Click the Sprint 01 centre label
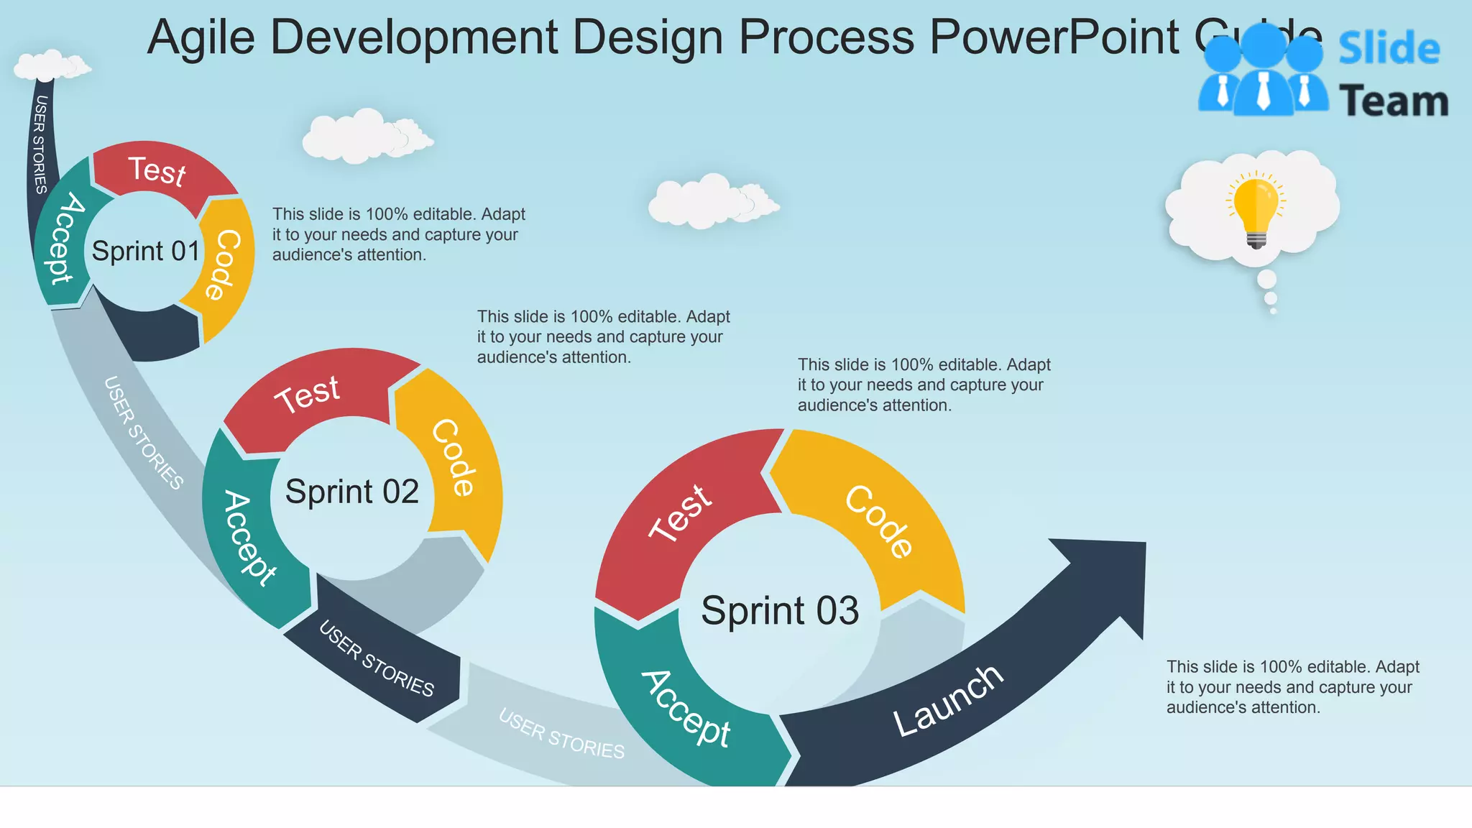pyautogui.click(x=146, y=252)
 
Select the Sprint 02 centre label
pyautogui.click(x=351, y=492)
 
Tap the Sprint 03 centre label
pyautogui.click(x=780, y=611)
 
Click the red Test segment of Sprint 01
pyautogui.click(x=158, y=171)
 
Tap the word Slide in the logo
pyautogui.click(x=1389, y=49)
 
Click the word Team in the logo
pyautogui.click(x=1394, y=101)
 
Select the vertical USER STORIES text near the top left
pyautogui.click(x=40, y=144)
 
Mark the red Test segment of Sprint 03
pyautogui.click(x=679, y=513)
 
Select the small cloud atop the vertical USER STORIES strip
pyautogui.click(x=50, y=65)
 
